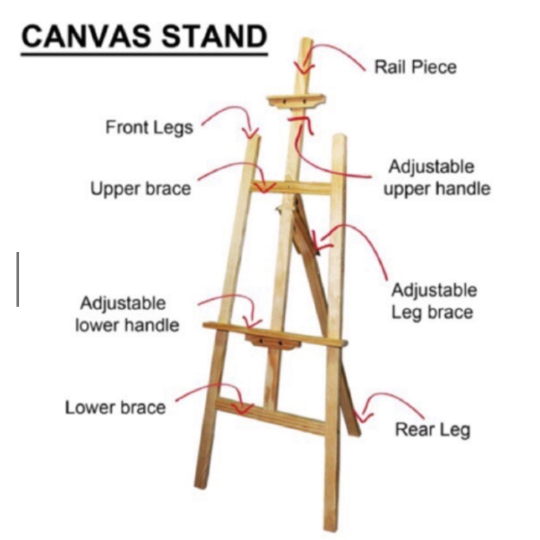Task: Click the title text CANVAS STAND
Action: click(143, 37)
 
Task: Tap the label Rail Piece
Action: click(414, 67)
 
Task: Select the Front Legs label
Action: click(149, 127)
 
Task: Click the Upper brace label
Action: click(141, 187)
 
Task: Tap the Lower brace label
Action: click(115, 407)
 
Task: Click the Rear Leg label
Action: click(432, 430)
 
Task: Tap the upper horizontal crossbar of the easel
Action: click(292, 187)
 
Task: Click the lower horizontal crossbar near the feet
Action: click(271, 415)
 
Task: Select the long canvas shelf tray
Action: click(274, 333)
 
